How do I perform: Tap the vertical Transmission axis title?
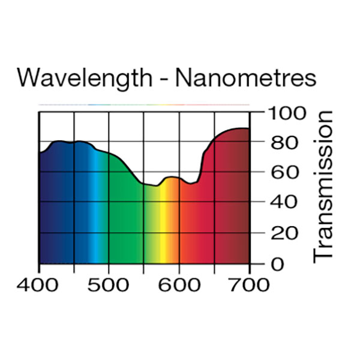pos(323,185)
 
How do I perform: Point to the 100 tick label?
pos(286,112)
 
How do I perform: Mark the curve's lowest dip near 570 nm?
pos(156,185)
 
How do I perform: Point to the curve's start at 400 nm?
pos(40,152)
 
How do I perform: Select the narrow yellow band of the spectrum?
pos(163,228)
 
